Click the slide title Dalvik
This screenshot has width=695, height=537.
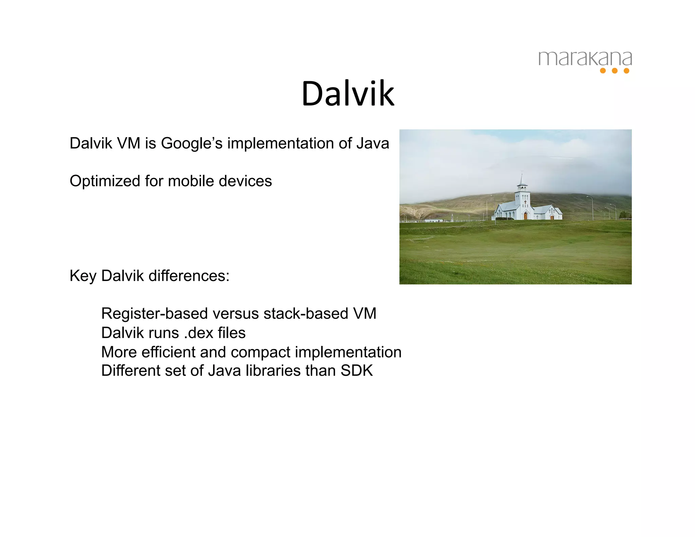point(348,94)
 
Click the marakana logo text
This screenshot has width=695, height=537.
point(585,58)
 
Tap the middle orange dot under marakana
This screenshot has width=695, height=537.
point(615,71)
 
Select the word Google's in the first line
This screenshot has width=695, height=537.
point(192,143)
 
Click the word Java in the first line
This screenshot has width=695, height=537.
point(372,143)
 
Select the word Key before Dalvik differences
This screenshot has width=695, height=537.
point(83,276)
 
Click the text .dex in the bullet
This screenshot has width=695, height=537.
point(196,333)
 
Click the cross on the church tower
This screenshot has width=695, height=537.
point(525,202)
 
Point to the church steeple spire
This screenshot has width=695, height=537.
point(522,178)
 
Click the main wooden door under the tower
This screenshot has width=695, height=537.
point(525,216)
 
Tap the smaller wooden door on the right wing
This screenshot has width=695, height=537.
point(552,217)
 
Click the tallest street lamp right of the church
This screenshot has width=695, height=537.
point(592,208)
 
